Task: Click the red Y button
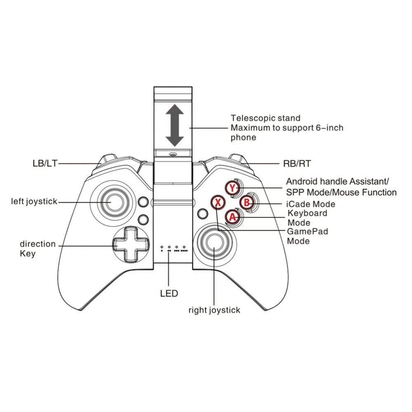coord(233,188)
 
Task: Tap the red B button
coord(246,202)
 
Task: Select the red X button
coord(219,202)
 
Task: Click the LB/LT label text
coord(45,164)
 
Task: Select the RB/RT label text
coord(297,164)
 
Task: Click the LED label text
coord(169,293)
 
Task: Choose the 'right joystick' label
coord(214,310)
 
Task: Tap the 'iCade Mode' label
coord(311,204)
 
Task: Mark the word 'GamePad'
coord(308,232)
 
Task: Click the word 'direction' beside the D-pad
coord(37,244)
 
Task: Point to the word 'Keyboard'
coord(307,213)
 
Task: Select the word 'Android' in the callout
coord(302,181)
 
